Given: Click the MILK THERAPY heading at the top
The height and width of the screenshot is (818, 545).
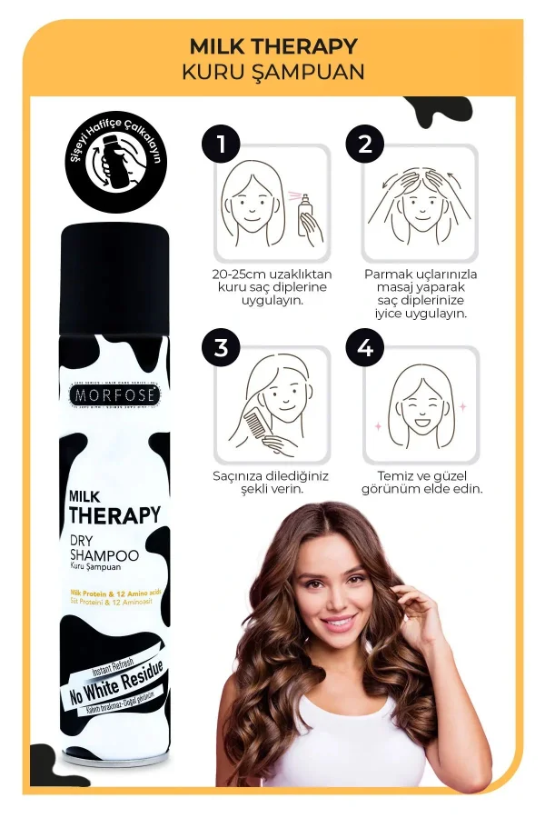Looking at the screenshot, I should click(272, 46).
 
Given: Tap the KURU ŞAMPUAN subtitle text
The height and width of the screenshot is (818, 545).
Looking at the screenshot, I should click(272, 72).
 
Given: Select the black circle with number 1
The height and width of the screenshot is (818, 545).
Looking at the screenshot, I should click(219, 143).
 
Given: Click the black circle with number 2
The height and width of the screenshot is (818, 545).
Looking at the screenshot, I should click(365, 143).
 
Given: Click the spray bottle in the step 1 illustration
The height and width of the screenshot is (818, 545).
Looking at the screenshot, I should click(307, 214).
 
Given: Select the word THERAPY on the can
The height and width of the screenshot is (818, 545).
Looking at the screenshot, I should click(115, 515).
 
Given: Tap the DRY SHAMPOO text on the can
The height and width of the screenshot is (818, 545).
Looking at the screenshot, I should click(104, 549).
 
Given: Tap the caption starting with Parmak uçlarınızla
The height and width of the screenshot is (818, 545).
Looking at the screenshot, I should click(421, 293).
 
